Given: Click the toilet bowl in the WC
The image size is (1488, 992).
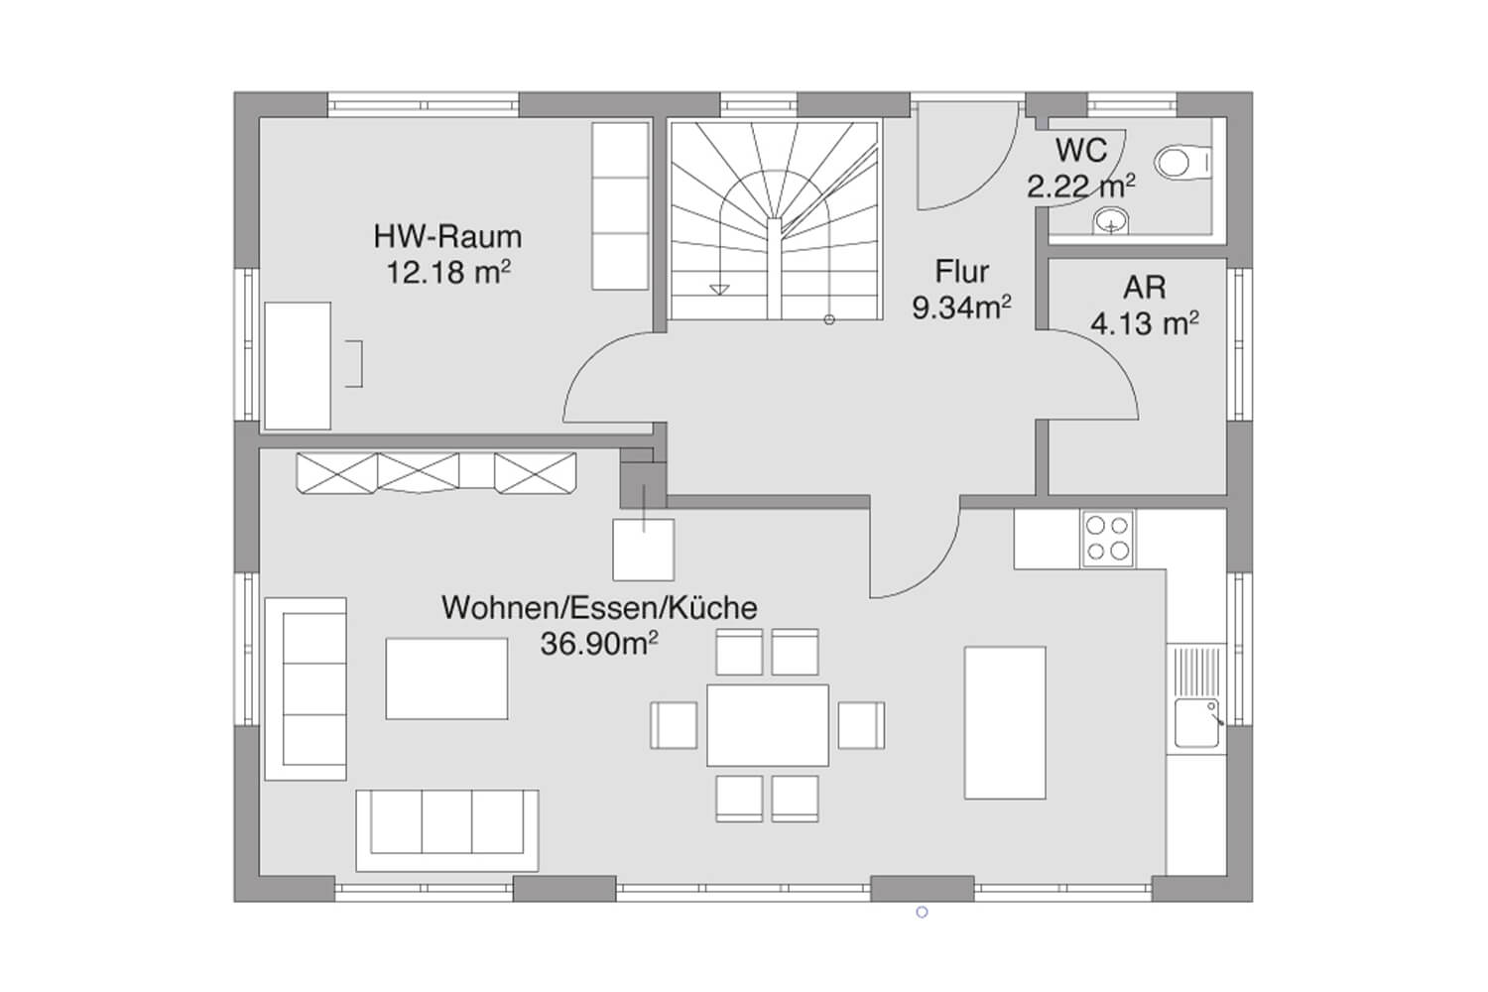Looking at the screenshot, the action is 1181,163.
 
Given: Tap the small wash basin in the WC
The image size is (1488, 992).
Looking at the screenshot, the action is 1111,220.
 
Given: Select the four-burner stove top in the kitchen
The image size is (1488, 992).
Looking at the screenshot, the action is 1107,539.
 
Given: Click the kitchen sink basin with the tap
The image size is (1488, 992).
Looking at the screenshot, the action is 1197,722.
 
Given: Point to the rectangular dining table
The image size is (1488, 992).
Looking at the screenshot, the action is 767,725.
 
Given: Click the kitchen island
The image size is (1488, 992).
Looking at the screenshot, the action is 1005,722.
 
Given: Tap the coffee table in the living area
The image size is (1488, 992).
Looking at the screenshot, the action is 446,679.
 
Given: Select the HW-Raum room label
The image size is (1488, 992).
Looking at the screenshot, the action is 447,236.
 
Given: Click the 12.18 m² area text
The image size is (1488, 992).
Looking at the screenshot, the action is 448,273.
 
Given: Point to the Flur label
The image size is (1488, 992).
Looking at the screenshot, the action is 962,271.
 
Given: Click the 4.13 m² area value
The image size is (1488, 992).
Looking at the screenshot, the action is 1145,323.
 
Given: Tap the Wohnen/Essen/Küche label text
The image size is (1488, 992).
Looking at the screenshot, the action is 599,608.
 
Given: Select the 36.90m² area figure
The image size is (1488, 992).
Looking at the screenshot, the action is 599,643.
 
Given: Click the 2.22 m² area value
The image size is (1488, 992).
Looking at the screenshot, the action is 1081,186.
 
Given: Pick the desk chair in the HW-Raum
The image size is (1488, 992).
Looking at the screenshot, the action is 354,363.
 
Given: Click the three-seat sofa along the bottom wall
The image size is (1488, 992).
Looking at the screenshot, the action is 447,830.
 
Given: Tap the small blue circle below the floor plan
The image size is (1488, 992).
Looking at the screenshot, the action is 922,913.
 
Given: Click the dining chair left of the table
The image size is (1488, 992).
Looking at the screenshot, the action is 673,725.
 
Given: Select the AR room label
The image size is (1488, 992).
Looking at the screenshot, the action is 1145,287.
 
